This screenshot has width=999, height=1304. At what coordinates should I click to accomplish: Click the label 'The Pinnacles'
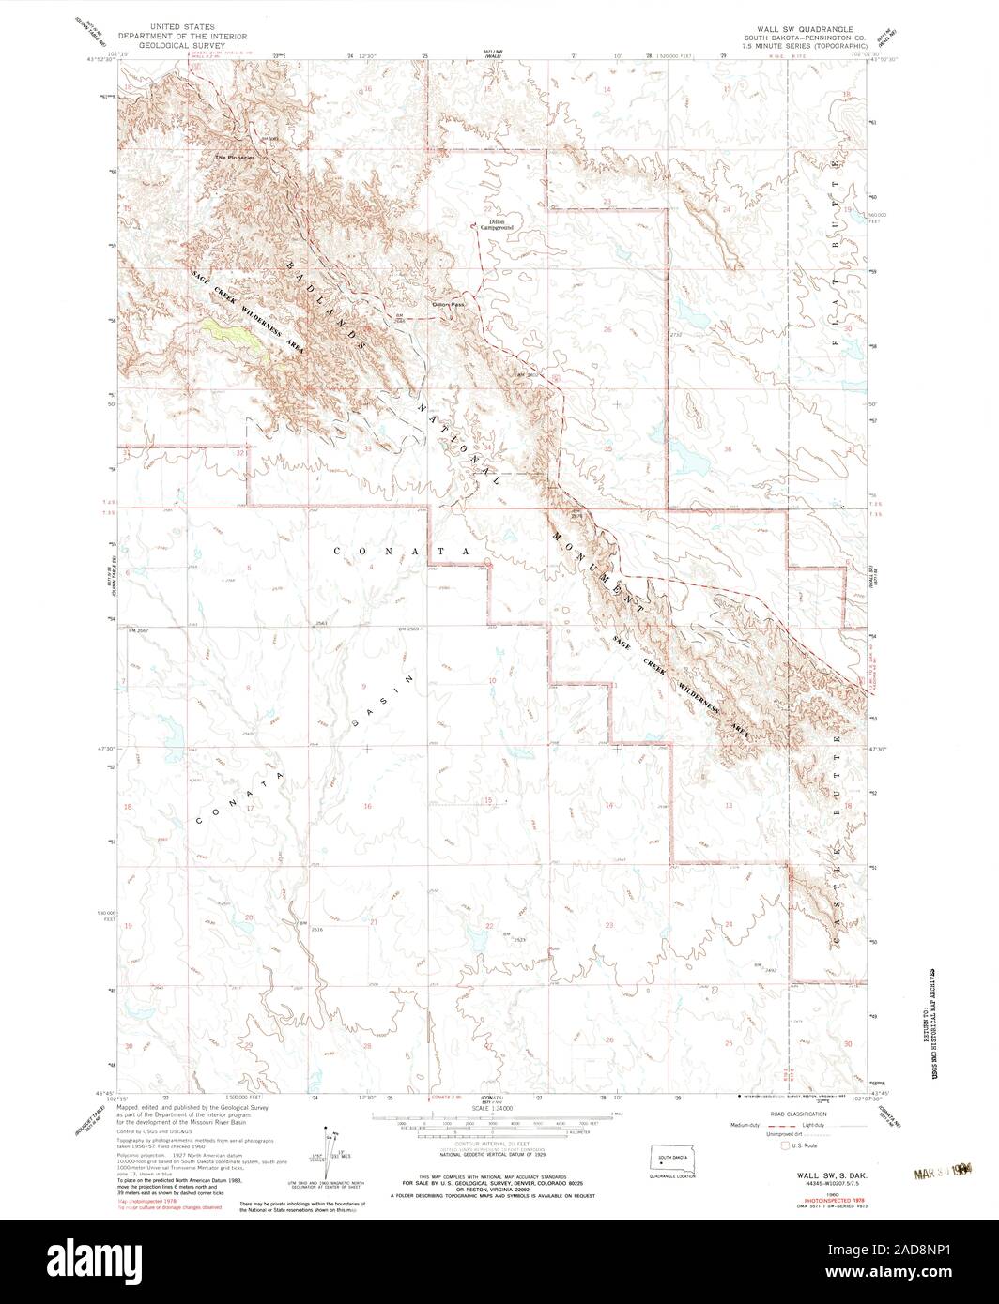235,157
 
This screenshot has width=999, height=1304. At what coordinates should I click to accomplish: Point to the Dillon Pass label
448,304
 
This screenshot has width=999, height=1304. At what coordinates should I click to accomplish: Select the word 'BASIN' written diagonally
384,699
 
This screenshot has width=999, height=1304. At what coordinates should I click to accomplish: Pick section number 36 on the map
728,449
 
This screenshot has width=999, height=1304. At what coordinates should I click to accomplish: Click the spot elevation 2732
677,335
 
